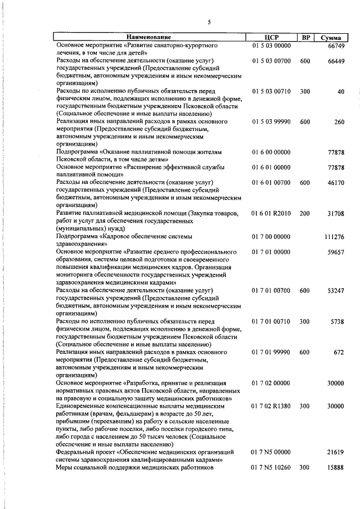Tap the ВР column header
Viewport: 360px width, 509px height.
tap(305, 37)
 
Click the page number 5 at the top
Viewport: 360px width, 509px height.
tap(209, 22)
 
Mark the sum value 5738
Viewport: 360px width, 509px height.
tap(337, 322)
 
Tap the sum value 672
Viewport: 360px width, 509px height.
tap(339, 352)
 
